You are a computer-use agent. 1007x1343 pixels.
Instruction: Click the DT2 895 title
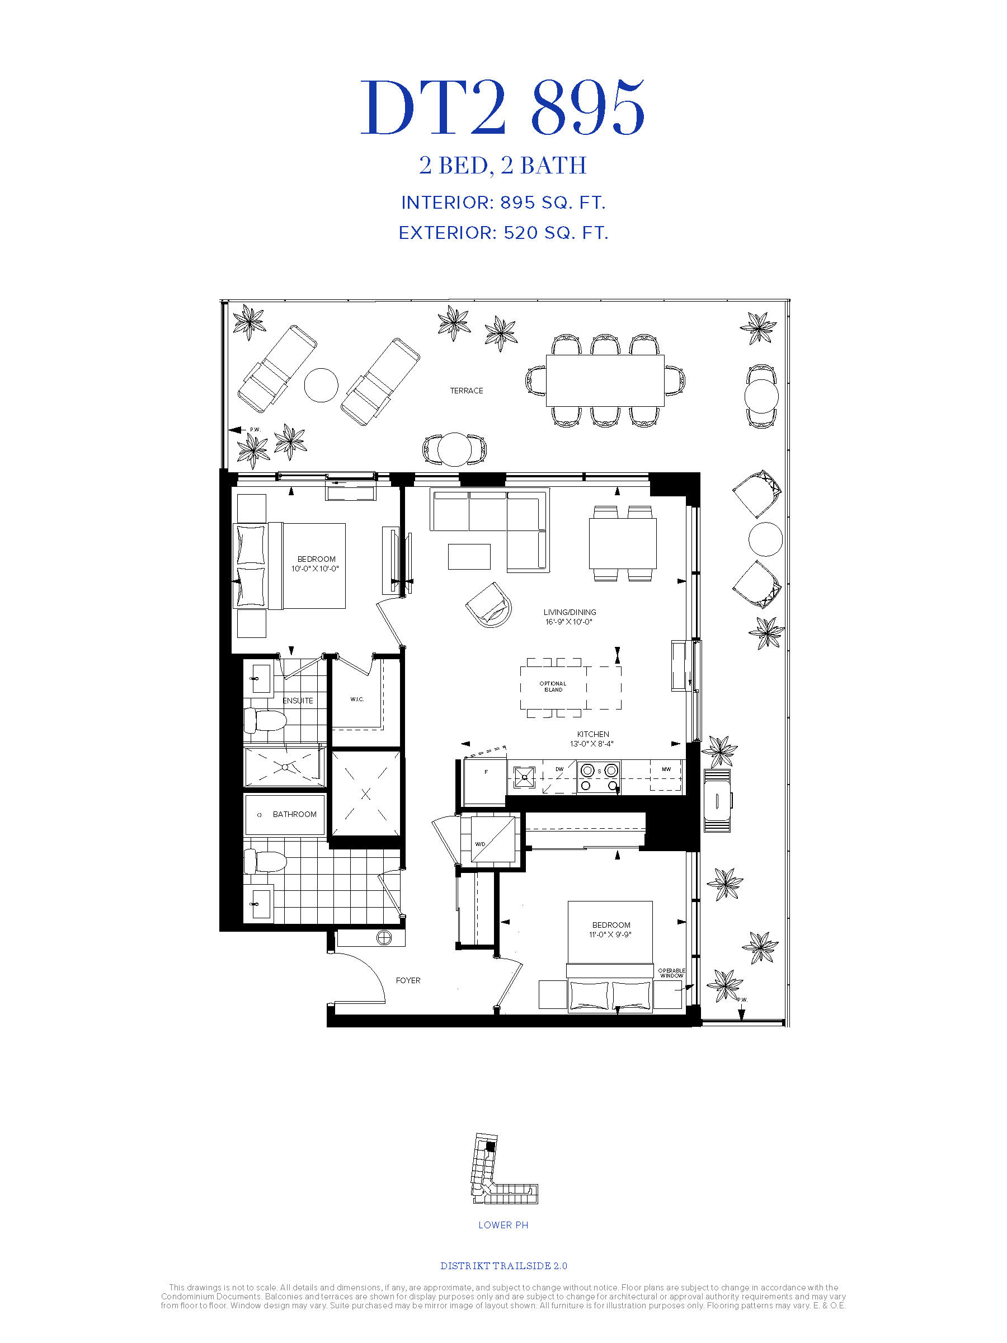502,107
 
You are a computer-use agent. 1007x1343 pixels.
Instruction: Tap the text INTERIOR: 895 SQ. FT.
503,203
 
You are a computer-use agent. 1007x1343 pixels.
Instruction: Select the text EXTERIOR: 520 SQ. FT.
503,233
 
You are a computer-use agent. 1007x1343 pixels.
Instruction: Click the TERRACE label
466,391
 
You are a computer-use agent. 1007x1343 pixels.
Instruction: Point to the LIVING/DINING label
570,612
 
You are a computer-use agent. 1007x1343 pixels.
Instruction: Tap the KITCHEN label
593,734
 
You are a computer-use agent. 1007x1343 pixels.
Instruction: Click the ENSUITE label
298,701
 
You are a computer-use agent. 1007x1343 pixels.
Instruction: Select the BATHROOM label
294,814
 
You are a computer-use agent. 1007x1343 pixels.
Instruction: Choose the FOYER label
408,980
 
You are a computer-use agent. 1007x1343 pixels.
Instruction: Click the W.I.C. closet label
357,699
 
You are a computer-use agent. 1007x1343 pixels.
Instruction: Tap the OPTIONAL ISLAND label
553,686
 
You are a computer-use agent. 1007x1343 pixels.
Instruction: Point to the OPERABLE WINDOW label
671,973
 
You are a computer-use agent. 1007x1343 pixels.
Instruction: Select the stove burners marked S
599,777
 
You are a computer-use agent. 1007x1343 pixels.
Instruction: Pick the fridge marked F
485,781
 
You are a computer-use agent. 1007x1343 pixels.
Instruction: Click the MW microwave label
666,769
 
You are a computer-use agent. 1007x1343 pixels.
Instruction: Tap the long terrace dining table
605,381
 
